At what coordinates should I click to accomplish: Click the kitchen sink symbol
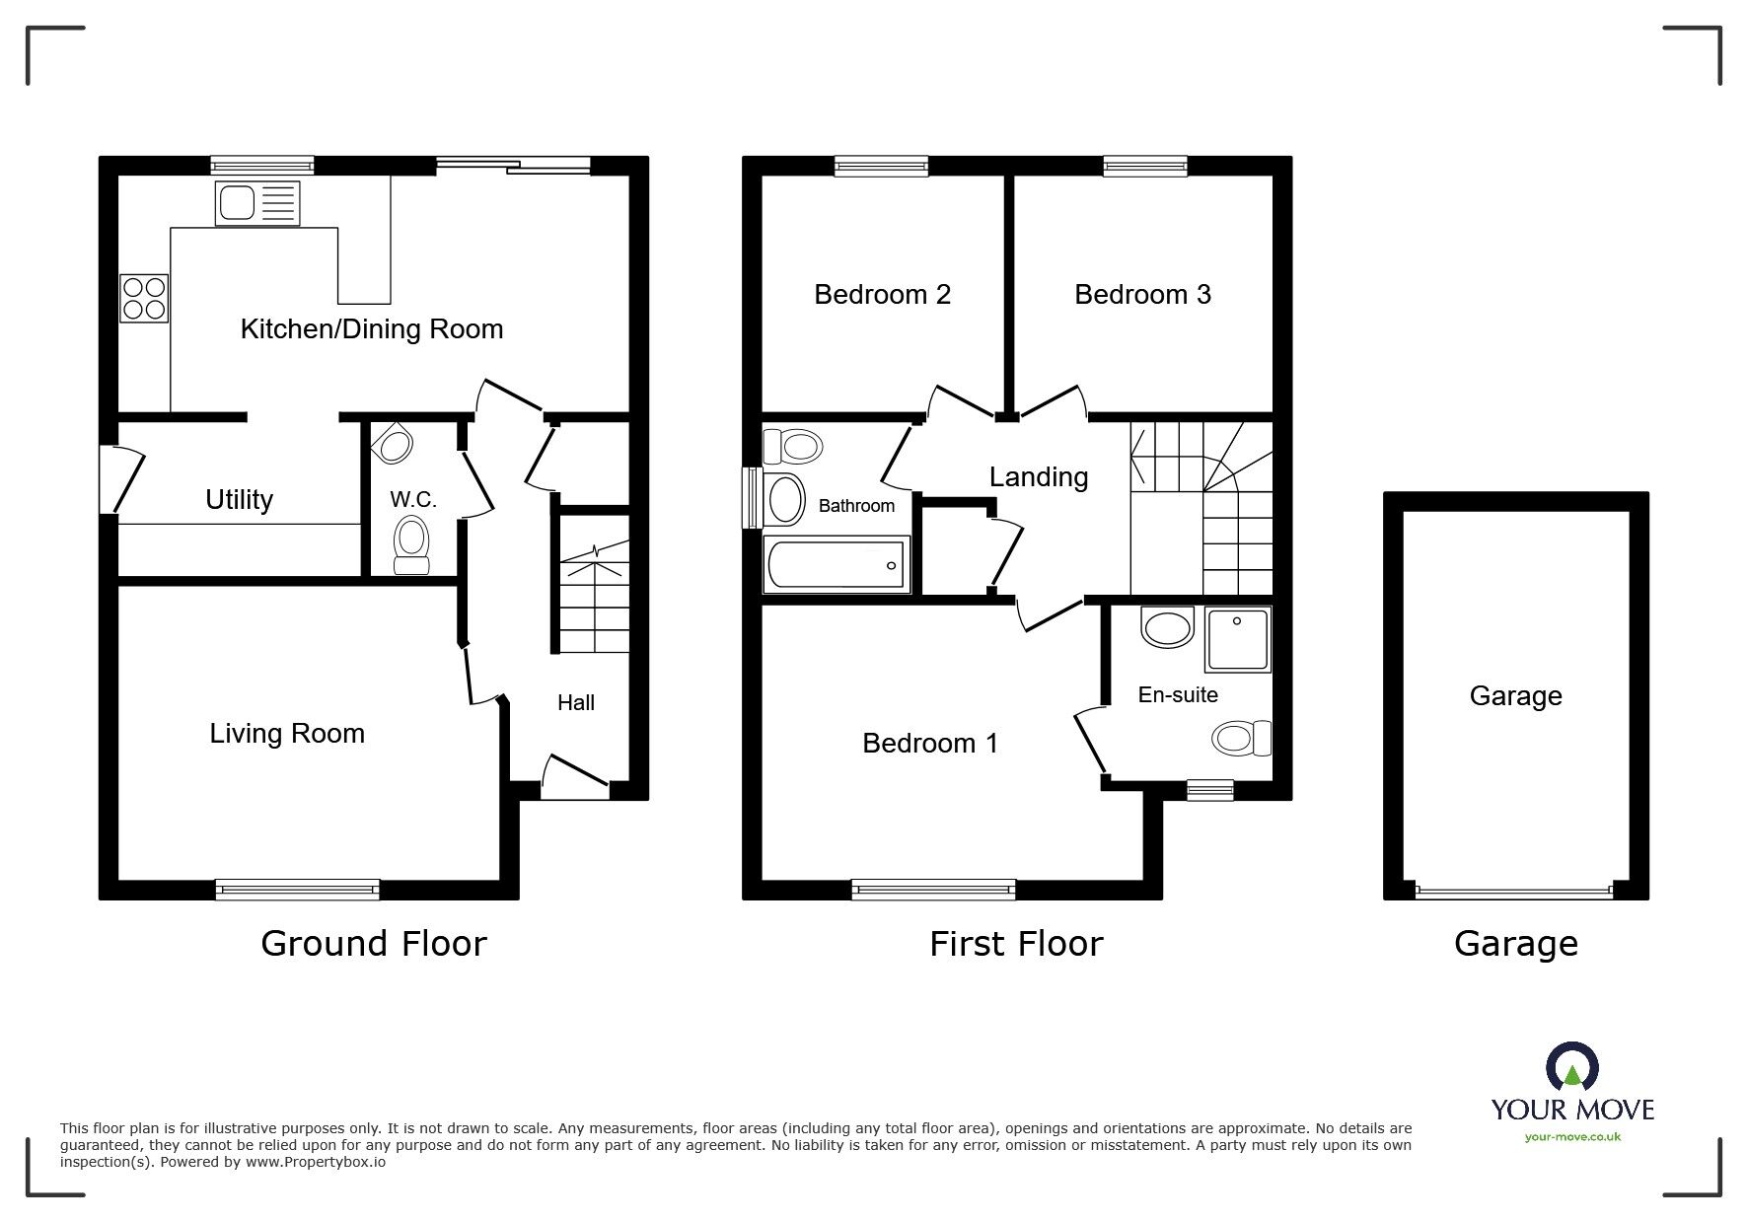(256, 204)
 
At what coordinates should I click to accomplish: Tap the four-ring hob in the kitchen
(144, 298)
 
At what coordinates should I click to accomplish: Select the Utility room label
(239, 500)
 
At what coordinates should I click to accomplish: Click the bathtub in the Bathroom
(837, 566)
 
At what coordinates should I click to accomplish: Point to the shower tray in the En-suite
(1237, 639)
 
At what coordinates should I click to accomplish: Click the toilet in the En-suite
(1241, 738)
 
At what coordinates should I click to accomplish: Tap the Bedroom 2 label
(882, 295)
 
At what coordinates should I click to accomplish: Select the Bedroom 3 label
(1142, 295)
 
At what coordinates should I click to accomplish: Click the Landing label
(1039, 477)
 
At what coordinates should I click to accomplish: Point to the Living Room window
(297, 890)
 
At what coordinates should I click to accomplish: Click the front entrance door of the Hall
(574, 779)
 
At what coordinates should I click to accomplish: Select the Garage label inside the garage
(1515, 696)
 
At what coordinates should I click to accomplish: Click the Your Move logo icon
(1571, 1068)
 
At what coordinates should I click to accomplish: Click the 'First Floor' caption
(1016, 944)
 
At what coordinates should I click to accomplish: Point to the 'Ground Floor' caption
(374, 944)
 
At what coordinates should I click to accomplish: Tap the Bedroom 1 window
(933, 890)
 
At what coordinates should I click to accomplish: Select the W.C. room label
(412, 500)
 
